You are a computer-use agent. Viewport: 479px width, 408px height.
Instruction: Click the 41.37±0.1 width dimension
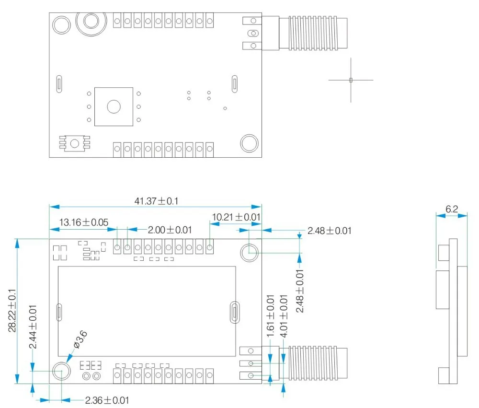coord(156,201)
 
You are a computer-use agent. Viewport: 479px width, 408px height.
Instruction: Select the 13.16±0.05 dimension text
coord(83,222)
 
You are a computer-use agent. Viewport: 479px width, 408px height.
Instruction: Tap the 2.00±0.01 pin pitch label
coord(170,230)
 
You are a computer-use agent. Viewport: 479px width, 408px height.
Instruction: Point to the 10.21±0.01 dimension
coord(236,217)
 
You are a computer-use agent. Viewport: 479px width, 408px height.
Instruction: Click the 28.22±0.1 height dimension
coord(13,310)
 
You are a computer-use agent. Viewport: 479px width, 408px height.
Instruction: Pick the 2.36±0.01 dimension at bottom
coord(107,400)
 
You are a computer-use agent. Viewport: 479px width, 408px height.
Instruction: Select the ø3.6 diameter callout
coord(80,339)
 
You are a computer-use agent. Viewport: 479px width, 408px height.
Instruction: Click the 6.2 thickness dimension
coord(452,209)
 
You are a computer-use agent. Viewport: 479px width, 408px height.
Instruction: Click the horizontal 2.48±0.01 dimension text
coord(330,231)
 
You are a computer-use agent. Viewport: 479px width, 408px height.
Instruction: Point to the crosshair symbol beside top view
coord(351,80)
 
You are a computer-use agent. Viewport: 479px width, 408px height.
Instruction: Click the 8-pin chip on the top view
coord(74,143)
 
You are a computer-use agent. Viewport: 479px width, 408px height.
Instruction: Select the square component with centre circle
coord(114,106)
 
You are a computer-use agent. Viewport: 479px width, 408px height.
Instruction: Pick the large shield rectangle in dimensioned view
coord(147,311)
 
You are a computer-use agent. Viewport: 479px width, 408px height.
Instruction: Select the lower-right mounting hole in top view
coord(249,143)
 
